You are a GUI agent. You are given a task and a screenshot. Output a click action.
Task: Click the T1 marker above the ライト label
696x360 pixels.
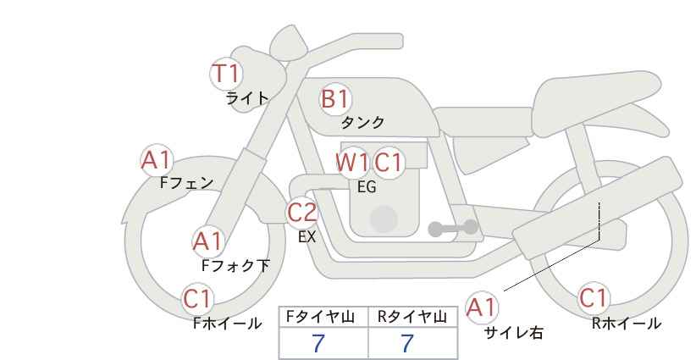tap(226, 74)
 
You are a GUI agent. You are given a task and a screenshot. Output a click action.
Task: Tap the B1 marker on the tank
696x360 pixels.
tap(335, 99)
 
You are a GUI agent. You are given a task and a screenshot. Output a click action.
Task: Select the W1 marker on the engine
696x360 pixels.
tap(352, 163)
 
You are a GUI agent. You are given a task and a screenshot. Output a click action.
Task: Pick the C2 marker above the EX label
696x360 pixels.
tap(302, 212)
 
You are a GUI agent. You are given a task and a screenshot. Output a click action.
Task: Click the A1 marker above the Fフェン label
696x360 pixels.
tap(157, 160)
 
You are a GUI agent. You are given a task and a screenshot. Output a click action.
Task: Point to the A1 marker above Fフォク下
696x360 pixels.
tap(207, 241)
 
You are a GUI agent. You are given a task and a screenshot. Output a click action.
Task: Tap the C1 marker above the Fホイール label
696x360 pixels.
tap(197, 299)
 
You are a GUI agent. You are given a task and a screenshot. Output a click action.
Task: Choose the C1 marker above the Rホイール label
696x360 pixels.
tap(594, 298)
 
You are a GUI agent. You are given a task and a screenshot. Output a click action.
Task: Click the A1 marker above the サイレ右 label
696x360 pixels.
tap(482, 307)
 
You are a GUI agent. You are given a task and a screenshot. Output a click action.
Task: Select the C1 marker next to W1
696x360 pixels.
tap(388, 163)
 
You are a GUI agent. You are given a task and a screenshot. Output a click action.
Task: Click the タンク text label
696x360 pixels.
tap(362, 123)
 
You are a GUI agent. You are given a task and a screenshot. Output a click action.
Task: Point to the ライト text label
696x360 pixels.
tap(247, 98)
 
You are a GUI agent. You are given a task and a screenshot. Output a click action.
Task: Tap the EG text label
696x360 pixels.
tap(367, 187)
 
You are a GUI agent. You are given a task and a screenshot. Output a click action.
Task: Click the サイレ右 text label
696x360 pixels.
tap(514, 333)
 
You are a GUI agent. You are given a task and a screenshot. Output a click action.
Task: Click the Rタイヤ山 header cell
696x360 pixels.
tap(413, 317)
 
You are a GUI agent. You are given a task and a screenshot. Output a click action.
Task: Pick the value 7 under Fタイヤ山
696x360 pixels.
tap(318, 344)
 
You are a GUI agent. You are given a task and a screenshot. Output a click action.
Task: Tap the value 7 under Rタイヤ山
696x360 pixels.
tap(407, 344)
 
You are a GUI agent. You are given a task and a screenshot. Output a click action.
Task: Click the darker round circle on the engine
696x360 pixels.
tap(384, 219)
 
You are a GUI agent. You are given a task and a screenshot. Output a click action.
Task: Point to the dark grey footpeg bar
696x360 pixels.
tap(453, 228)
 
